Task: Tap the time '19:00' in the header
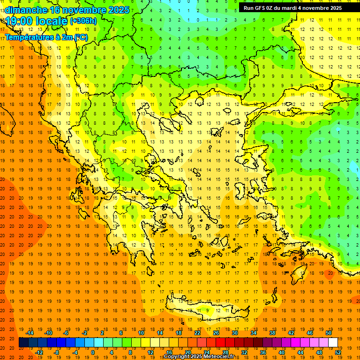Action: (x=19, y=21)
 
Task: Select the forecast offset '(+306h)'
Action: (x=83, y=21)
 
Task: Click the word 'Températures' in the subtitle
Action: (x=29, y=37)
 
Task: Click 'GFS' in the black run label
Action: (x=260, y=8)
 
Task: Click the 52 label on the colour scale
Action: (x=338, y=352)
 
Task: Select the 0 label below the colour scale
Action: (x=93, y=352)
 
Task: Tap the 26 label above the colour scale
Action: (x=216, y=333)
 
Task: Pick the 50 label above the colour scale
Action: (x=329, y=333)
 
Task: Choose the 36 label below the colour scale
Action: (x=263, y=352)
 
